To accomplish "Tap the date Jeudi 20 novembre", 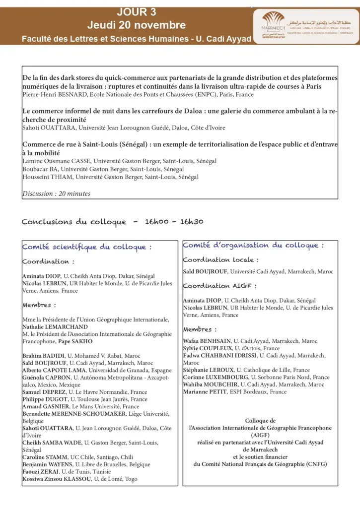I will [x=137, y=25].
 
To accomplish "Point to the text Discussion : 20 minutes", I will [x=57, y=194].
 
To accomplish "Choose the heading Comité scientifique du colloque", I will [x=87, y=247].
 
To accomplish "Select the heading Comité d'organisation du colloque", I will [x=253, y=245].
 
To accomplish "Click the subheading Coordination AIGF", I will [x=220, y=286].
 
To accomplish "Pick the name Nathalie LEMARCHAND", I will [x=56, y=327].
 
